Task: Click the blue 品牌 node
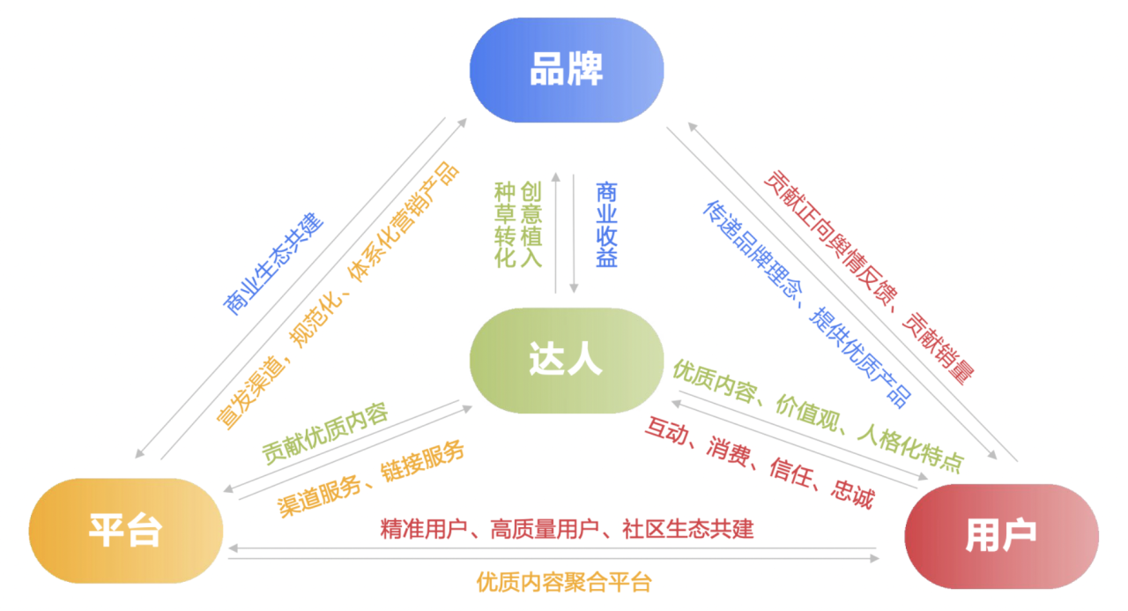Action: (x=566, y=70)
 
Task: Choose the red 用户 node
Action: (x=1001, y=535)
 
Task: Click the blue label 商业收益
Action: (x=606, y=225)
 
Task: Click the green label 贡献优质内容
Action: (x=324, y=434)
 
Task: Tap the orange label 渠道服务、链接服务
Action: (x=371, y=480)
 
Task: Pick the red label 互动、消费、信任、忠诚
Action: (x=759, y=462)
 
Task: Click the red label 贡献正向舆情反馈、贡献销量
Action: (x=868, y=275)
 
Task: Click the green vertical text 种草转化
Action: (x=505, y=225)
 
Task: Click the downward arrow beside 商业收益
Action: (x=574, y=234)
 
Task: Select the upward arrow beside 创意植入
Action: (x=556, y=234)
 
